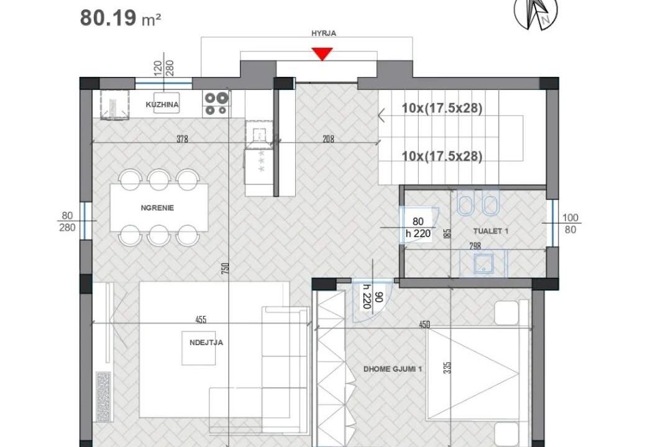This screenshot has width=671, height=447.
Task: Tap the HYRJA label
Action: (x=324, y=33)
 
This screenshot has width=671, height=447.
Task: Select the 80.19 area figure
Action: (x=108, y=19)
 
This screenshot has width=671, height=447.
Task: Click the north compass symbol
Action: (x=536, y=14)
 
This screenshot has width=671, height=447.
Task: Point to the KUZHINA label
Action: (x=162, y=104)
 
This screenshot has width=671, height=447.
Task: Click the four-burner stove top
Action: (x=216, y=104)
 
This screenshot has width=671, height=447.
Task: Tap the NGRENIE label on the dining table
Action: (x=157, y=208)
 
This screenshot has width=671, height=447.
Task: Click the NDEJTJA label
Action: (x=206, y=342)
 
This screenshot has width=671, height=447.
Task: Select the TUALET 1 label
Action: (x=491, y=231)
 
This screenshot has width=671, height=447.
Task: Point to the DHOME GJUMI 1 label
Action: (x=393, y=369)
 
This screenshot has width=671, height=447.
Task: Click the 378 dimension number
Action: (x=182, y=139)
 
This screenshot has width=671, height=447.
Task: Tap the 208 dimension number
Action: (x=328, y=139)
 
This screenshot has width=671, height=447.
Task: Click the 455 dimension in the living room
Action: (x=201, y=320)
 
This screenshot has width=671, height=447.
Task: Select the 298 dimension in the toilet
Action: (x=475, y=246)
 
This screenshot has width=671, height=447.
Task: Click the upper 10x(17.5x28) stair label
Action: (x=442, y=108)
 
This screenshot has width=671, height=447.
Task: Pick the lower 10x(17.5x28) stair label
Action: (x=442, y=156)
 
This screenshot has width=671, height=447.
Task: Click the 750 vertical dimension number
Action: (x=226, y=268)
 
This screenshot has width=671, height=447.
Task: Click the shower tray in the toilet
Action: (x=483, y=263)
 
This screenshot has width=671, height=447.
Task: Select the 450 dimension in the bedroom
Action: (x=424, y=325)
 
